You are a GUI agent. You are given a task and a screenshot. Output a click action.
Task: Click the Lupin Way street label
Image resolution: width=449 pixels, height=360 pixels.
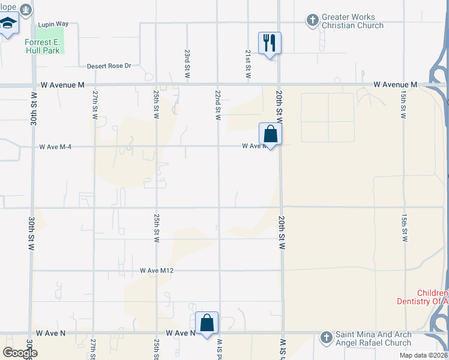pyautogui.click(x=53, y=24)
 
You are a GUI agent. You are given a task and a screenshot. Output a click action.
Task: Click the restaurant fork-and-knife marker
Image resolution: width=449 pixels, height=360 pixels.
pyautogui.click(x=270, y=43)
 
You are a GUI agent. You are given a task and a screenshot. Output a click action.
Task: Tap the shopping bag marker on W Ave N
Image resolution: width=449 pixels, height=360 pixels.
pyautogui.click(x=206, y=323)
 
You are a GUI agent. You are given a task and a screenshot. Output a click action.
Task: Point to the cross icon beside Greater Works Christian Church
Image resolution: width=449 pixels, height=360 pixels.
pyautogui.click(x=312, y=21)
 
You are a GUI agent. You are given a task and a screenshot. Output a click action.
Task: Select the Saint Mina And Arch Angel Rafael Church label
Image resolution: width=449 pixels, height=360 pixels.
pyautogui.click(x=372, y=338)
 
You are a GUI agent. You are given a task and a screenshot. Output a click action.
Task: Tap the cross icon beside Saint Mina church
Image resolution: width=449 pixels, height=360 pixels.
pyautogui.click(x=326, y=338)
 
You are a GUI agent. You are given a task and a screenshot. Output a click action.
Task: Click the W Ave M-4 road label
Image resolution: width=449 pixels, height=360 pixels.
pyautogui.click(x=55, y=146)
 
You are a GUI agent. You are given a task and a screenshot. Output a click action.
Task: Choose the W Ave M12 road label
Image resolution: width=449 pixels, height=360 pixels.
pyautogui.click(x=157, y=271)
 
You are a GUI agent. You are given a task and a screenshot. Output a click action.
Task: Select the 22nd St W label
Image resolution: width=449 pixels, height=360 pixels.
pyautogui.click(x=218, y=106)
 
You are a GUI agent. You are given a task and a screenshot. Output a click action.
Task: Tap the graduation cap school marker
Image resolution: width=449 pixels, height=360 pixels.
pyautogui.click(x=8, y=25)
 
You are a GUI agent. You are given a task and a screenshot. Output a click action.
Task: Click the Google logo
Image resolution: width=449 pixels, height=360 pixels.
pyautogui.click(x=20, y=353)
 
